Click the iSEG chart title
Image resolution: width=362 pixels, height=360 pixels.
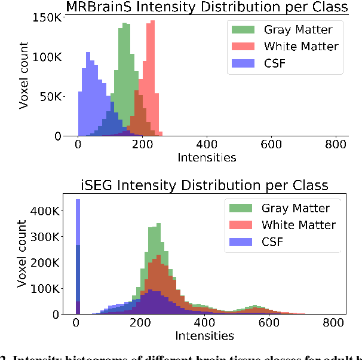pyautogui.click(x=205, y=184)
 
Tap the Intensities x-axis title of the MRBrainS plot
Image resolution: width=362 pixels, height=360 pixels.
pyautogui.click(x=206, y=158)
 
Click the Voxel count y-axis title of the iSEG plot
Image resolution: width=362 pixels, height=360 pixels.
pyautogui.click(x=23, y=254)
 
